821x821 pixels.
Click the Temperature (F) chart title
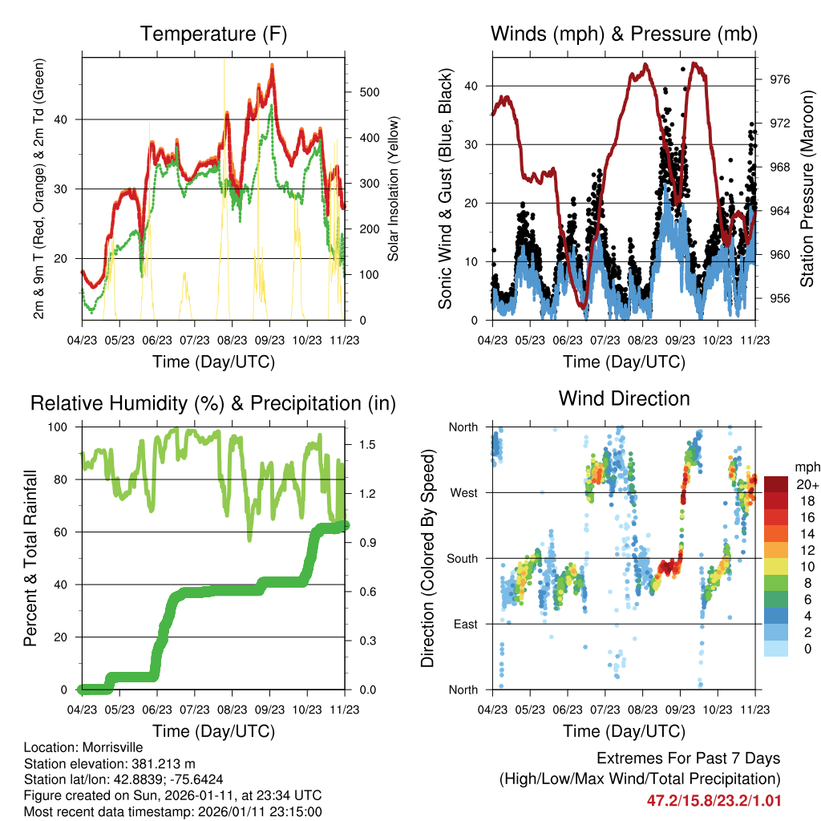point(213,34)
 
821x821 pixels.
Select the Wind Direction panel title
point(624,398)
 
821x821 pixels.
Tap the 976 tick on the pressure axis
point(780,79)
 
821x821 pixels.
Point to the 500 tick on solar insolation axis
point(368,91)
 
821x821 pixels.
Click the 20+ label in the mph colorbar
point(806,484)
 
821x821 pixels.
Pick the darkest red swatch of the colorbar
point(775,484)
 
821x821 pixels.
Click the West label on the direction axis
point(463,493)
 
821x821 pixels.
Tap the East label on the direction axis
point(465,624)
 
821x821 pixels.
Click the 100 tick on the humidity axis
point(59,427)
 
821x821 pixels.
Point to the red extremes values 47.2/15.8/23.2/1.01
point(714,800)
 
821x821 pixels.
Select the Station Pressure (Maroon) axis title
point(807,189)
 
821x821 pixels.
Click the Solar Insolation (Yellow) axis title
point(394,189)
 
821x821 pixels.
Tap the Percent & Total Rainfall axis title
point(30,558)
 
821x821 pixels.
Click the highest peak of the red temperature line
point(273,67)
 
